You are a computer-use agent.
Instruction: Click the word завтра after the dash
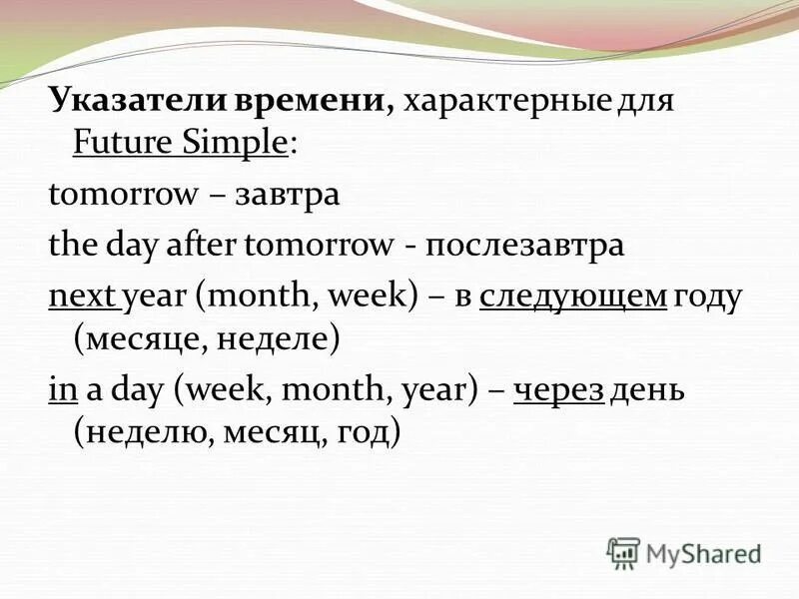pos(288,194)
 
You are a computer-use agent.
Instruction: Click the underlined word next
pos(82,297)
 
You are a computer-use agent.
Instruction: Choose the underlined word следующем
pos(573,297)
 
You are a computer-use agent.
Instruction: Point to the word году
pos(708,297)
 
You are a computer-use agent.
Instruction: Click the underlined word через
pos(558,390)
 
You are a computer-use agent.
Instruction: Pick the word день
pos(648,390)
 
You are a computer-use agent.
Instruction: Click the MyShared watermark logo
pos(684,552)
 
